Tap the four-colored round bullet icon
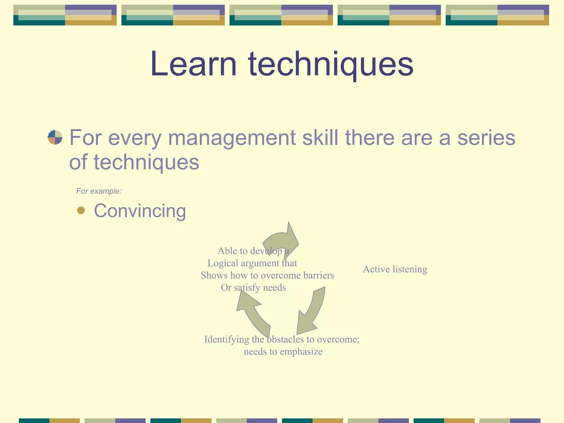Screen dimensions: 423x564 point(55,137)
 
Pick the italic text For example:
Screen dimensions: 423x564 point(99,191)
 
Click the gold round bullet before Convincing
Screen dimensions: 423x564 point(81,210)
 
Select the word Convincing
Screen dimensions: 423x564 point(140,211)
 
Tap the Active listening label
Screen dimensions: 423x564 point(395,269)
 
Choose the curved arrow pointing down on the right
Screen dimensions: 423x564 point(312,311)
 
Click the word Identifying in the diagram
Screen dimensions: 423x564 point(226,339)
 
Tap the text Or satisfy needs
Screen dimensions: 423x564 point(253,288)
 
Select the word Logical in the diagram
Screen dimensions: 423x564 point(223,263)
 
